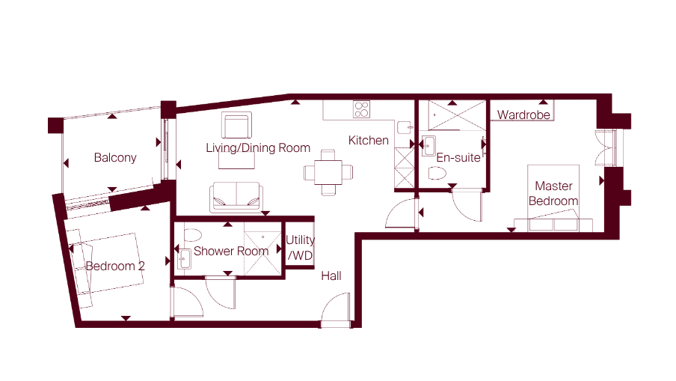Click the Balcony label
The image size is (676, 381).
(115, 158)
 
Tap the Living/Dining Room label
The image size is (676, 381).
(258, 148)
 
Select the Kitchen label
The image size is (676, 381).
(368, 140)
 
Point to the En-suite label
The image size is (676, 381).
(458, 158)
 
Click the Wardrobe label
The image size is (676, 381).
(523, 115)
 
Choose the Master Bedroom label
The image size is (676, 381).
(553, 193)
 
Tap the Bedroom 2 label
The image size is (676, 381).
(115, 266)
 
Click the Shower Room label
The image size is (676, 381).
(231, 251)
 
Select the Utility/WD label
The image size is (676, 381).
(300, 248)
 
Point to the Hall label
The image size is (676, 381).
(331, 275)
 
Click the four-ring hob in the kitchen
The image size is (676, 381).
(361, 109)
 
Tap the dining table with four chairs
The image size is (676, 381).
(328, 172)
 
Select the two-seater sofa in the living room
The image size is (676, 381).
(236, 197)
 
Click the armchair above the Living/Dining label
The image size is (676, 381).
(237, 125)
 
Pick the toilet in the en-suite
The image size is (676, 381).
(437, 174)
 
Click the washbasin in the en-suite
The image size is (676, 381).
(428, 146)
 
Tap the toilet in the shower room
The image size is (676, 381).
(192, 235)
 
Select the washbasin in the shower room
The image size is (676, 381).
(185, 259)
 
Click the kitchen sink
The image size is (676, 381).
(405, 128)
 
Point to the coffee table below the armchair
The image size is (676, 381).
(236, 160)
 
